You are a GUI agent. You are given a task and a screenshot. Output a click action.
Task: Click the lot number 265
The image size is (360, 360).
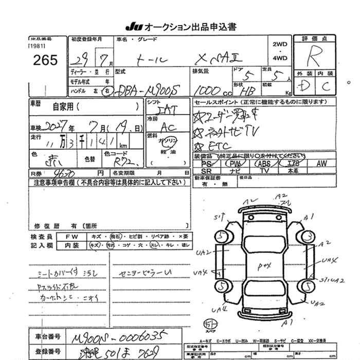45,60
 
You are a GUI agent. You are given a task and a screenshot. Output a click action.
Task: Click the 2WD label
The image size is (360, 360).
280,44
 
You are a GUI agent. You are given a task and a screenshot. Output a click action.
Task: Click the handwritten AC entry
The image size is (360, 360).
168,127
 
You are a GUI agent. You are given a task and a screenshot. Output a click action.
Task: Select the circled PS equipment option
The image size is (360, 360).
207,163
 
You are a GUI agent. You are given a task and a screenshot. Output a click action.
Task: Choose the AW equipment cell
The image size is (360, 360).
322,163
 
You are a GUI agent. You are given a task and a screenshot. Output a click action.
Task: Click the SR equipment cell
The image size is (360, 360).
207,170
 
